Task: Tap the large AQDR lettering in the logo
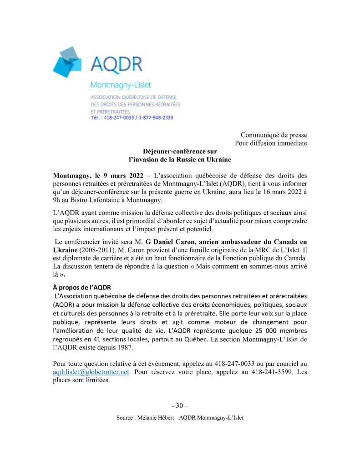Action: [116, 64]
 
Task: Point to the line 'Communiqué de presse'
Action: [274, 135]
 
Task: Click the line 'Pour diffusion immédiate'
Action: [271, 143]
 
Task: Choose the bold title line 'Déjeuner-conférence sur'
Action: [180, 152]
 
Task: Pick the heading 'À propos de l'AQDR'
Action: [82, 288]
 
